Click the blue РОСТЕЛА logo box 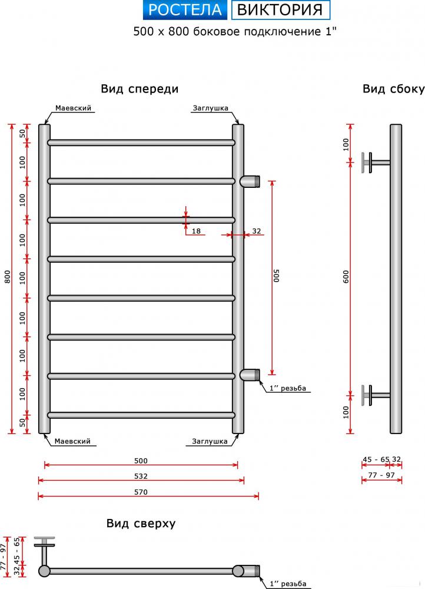click(x=185, y=10)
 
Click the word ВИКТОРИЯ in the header click(x=280, y=10)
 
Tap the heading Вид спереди click(x=140, y=89)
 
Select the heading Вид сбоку click(x=393, y=89)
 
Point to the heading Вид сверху click(x=141, y=523)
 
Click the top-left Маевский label click(x=73, y=108)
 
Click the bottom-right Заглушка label click(x=210, y=441)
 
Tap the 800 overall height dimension click(x=8, y=277)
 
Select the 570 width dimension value click(x=141, y=492)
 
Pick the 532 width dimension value click(x=141, y=477)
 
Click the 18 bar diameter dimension click(x=196, y=231)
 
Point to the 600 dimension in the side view click(x=346, y=277)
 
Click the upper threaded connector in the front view click(x=250, y=181)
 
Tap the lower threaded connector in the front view click(x=250, y=375)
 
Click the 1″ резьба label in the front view click(x=288, y=388)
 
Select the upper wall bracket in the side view click(x=376, y=163)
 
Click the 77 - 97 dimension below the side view click(x=381, y=475)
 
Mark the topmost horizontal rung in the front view click(x=141, y=143)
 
